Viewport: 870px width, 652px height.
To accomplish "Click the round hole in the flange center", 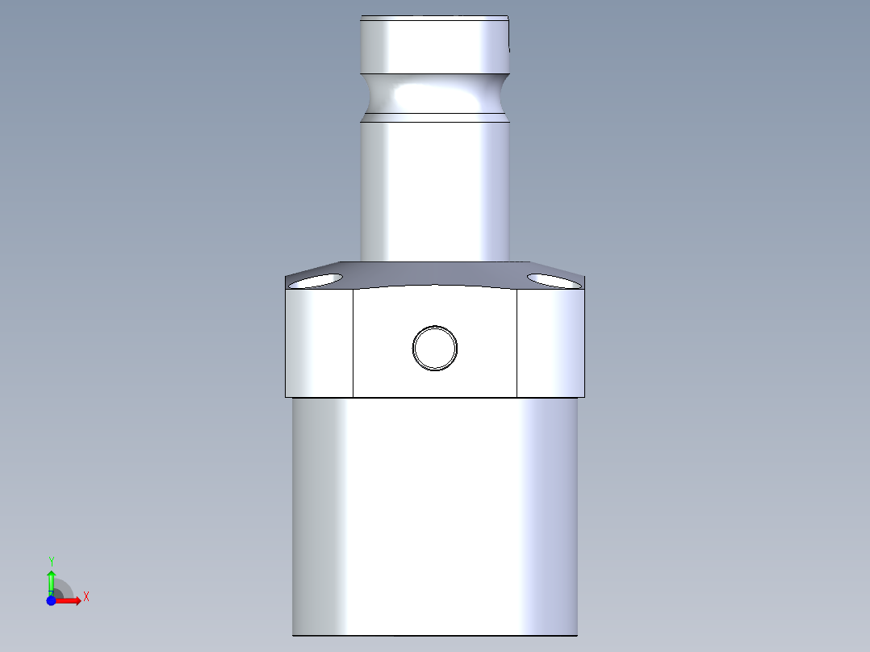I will point(435,348).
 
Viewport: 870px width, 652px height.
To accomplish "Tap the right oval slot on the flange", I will point(554,280).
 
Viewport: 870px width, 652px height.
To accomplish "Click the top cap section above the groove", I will point(435,44).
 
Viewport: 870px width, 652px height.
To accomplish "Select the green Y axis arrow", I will point(51,580).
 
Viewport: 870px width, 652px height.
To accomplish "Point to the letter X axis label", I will point(86,597).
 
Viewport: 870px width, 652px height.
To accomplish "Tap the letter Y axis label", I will point(51,560).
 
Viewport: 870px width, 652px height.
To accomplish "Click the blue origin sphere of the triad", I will point(51,601).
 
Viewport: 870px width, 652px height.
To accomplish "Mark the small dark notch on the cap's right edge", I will point(510,48).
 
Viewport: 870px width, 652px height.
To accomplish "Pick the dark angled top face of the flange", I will point(435,274).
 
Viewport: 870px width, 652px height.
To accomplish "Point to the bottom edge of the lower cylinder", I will point(435,635).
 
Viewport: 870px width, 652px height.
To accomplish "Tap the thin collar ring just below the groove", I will point(435,118).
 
